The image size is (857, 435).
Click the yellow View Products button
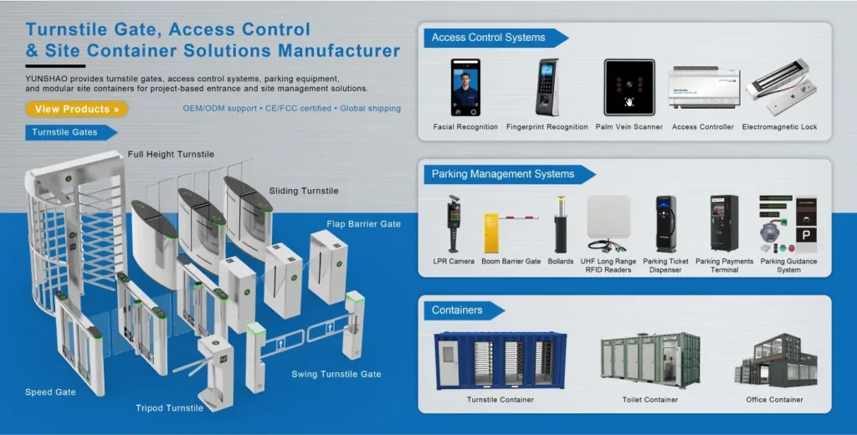pos(76,109)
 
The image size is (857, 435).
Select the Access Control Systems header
pos(489,38)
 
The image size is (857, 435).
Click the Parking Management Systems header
pos(503,174)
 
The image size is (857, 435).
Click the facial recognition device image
pos(465,87)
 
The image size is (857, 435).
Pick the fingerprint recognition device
pos(548,87)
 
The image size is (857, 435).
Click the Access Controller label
pos(703,127)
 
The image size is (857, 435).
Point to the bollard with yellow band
pos(561,224)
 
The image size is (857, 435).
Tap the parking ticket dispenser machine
pos(665,224)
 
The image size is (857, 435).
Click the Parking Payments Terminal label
pos(724,265)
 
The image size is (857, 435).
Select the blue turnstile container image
pos(500,360)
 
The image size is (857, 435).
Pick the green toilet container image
pos(649,360)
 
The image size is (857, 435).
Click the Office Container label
pos(774,400)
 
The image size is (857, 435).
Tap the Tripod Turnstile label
pos(169,408)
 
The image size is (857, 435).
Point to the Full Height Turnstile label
pos(171,155)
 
